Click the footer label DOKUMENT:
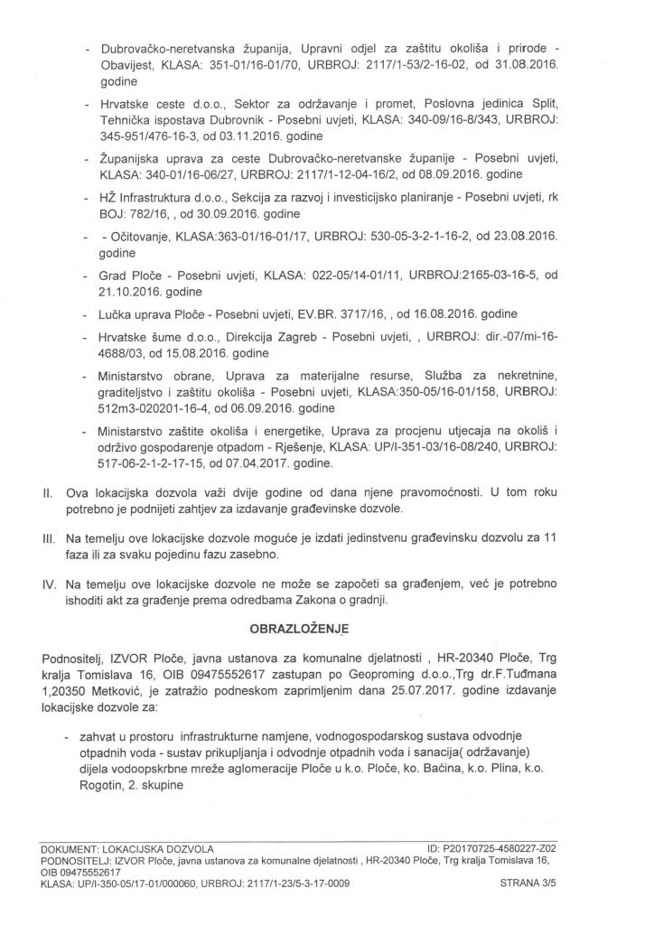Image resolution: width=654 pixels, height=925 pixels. tap(75, 849)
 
